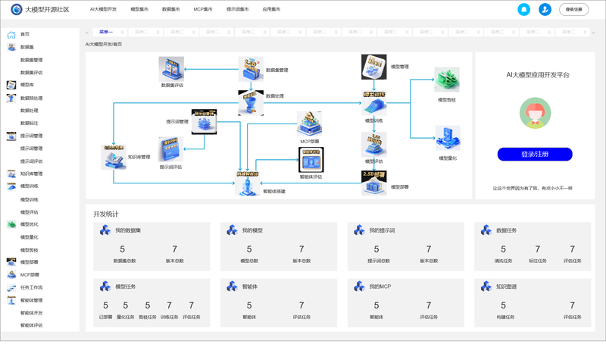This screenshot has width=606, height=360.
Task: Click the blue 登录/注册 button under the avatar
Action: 534,154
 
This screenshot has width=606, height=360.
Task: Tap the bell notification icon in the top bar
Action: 523,9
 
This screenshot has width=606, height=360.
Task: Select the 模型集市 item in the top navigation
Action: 139,10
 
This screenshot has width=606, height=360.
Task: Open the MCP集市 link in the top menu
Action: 202,10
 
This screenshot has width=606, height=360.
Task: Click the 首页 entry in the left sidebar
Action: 25,34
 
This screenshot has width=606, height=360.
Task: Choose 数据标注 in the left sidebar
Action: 30,123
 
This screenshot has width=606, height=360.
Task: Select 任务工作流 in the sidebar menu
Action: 31,288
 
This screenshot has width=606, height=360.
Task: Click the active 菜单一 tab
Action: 106,32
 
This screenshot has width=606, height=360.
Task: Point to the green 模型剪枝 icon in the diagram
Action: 447,80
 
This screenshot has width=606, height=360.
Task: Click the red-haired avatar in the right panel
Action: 534,114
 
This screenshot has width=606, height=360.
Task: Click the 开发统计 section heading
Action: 106,214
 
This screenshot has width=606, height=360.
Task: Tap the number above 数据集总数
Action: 123,249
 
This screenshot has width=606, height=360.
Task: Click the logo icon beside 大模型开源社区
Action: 17,10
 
